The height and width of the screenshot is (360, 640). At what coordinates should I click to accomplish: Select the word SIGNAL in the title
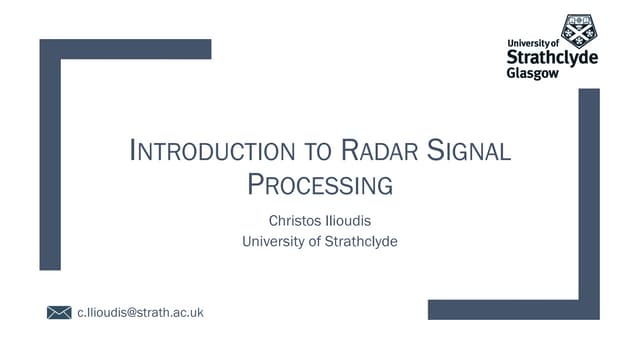pos(469,153)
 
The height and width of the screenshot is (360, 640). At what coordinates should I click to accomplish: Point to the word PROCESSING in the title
pos(319,185)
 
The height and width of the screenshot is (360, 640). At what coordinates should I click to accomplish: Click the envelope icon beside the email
pos(59,313)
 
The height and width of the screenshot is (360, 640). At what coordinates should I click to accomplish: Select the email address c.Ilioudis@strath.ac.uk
pos(140,313)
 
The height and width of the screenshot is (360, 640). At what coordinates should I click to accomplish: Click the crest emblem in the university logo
pos(578,32)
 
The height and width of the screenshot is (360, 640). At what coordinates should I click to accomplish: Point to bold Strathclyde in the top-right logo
pos(552,58)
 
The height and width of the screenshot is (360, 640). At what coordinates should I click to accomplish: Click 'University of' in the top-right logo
pos(534,43)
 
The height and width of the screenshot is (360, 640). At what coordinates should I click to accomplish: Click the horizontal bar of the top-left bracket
pos(125,49)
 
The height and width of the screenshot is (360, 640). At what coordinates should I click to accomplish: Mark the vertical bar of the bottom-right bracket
pos(589,200)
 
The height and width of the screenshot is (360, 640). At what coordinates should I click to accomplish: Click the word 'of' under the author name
pos(314,240)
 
